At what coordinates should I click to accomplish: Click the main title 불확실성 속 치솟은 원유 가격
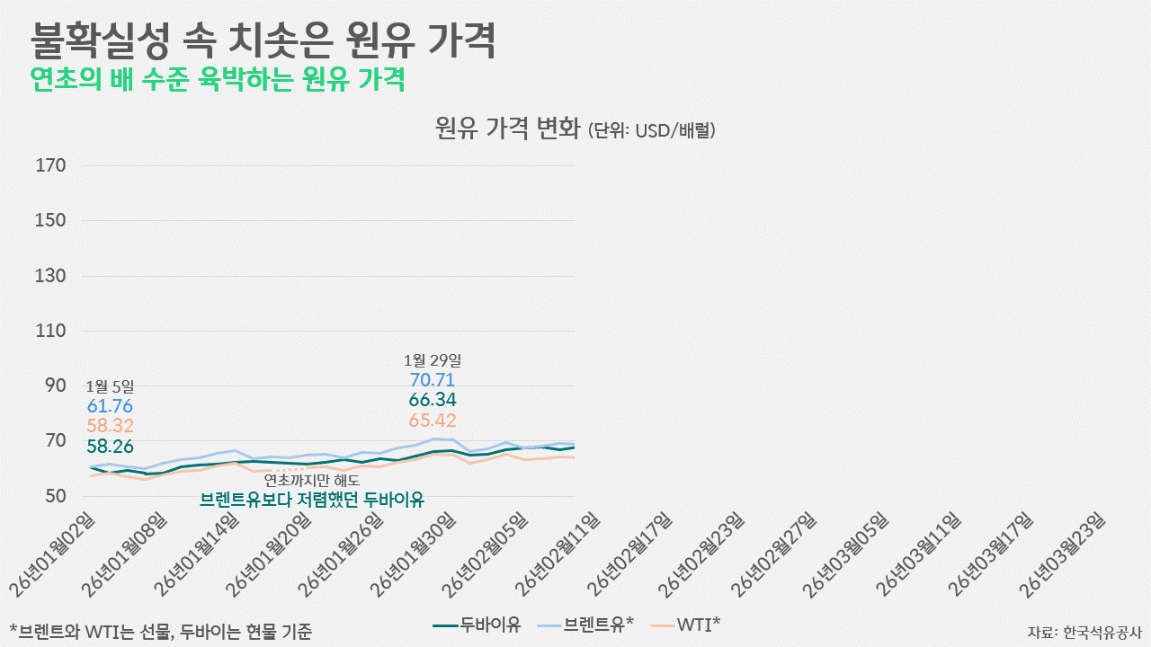tap(263, 40)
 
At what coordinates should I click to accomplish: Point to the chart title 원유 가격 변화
tap(508, 129)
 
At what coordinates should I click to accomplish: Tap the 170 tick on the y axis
tap(51, 165)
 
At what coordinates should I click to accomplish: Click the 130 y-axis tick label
tap(51, 276)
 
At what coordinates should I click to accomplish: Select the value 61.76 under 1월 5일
tap(110, 406)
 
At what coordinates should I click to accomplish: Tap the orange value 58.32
tap(110, 426)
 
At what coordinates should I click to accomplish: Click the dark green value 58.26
tap(110, 446)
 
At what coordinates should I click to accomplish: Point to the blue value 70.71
tap(433, 380)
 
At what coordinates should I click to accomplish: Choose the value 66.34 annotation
tap(433, 400)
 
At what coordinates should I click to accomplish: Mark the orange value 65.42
tap(433, 421)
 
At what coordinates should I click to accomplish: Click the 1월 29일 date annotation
tap(433, 360)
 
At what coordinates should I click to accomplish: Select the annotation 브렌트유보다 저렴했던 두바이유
tap(312, 500)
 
